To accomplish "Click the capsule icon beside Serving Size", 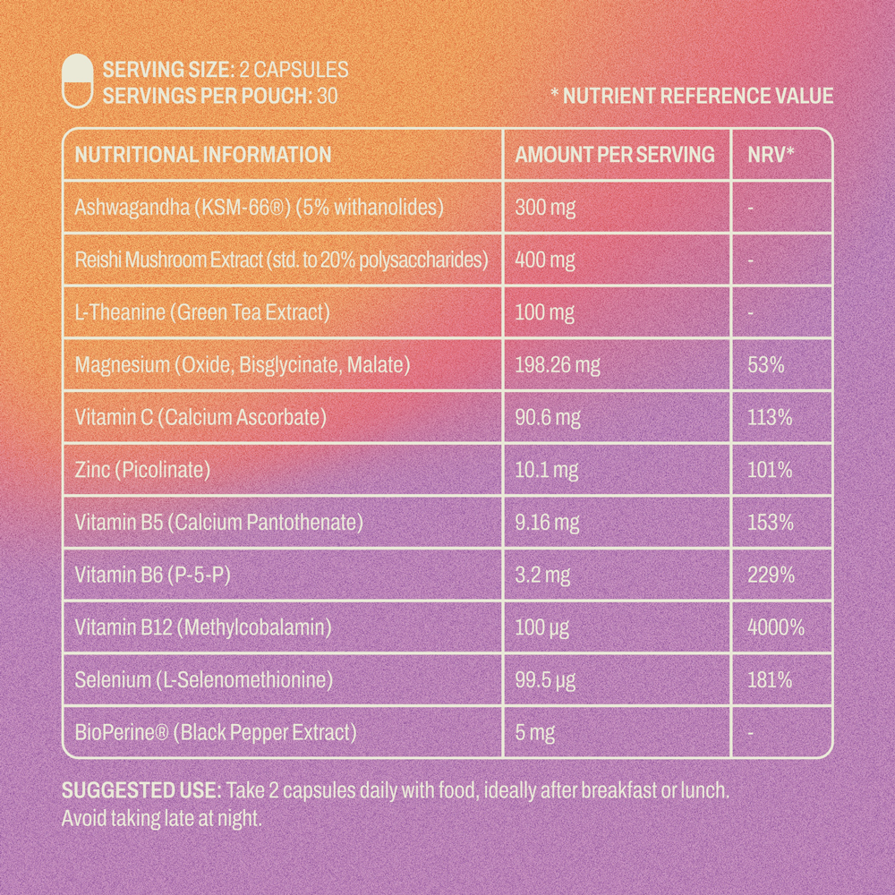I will [x=78, y=81].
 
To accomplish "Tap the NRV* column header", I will [x=771, y=155].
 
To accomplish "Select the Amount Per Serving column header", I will [x=615, y=155].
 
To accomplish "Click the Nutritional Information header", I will [x=203, y=155].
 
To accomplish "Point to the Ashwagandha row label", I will [x=260, y=208].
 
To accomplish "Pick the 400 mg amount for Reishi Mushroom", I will [x=545, y=260].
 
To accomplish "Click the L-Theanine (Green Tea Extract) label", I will [x=203, y=312].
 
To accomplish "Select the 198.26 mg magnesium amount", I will [x=558, y=365].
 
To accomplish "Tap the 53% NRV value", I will [x=765, y=365].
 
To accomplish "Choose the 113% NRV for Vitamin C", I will [x=770, y=417].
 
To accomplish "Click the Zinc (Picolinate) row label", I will [x=142, y=469].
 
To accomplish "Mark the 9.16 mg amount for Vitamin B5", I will [x=547, y=522].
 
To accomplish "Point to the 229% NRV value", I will [x=771, y=575].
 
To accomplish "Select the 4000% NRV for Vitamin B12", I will [x=775, y=627].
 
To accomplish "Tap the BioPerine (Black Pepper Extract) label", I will [x=216, y=732].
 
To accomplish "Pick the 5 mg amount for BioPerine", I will [x=535, y=733].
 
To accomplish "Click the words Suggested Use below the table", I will [x=141, y=791].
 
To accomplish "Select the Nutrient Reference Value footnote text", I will [x=692, y=97].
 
